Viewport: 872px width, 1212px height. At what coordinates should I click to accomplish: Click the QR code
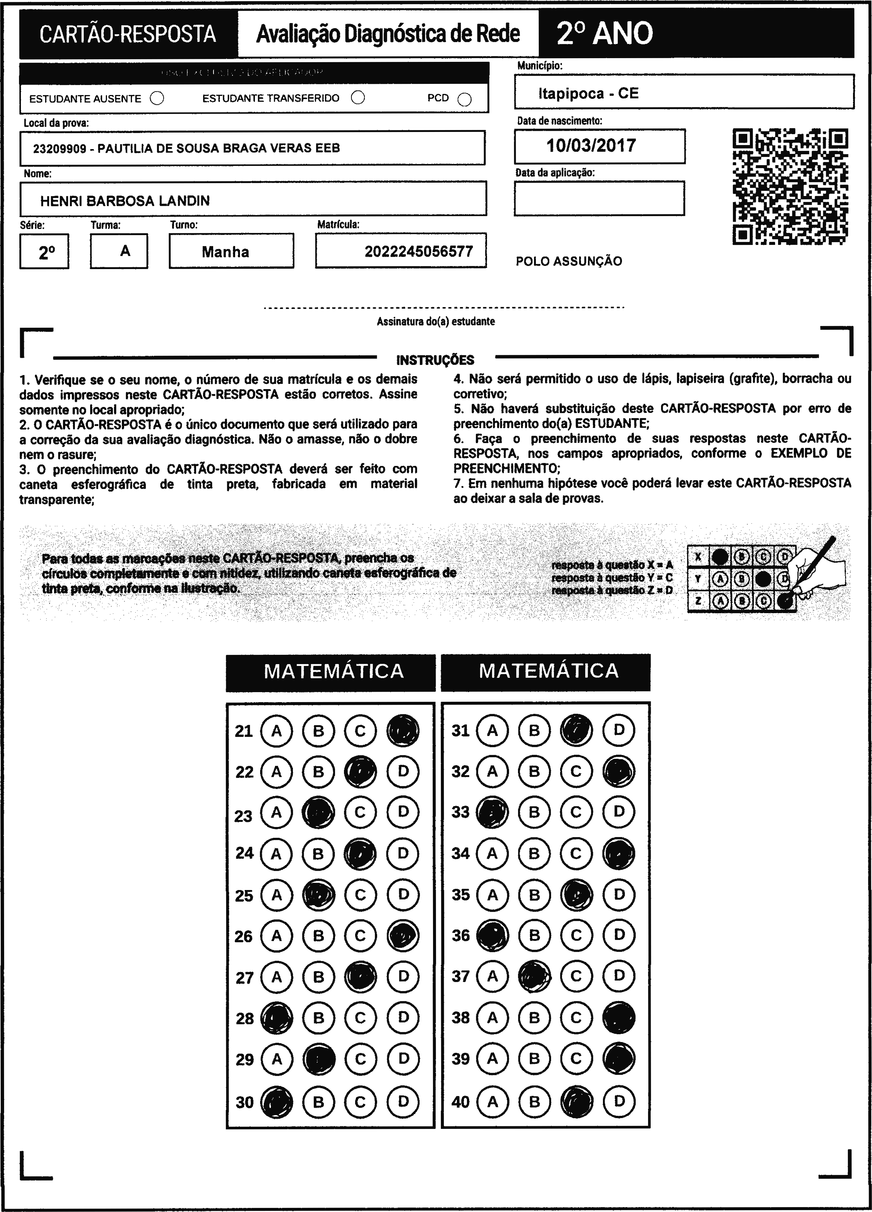(x=790, y=186)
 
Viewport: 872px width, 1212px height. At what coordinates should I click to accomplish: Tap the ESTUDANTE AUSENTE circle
(x=157, y=98)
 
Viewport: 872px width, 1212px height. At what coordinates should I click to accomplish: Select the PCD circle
(x=465, y=100)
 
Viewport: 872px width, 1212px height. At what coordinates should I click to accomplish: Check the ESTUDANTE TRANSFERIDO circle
(x=358, y=97)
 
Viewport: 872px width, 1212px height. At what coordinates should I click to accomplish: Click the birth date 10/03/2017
(x=591, y=145)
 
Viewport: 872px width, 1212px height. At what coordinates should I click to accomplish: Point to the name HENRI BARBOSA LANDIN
(x=125, y=201)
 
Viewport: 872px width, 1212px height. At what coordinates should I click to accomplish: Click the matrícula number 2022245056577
(x=418, y=251)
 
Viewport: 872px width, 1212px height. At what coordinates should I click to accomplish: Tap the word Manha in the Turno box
(x=225, y=252)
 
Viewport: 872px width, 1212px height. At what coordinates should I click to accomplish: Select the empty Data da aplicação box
(x=599, y=198)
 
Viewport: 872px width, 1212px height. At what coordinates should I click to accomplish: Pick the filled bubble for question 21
(x=403, y=730)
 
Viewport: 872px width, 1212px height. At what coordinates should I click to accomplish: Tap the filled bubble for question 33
(x=492, y=812)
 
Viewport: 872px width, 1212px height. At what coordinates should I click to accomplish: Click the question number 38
(x=461, y=1017)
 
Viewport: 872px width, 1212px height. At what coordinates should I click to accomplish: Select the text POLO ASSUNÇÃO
(x=569, y=261)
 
